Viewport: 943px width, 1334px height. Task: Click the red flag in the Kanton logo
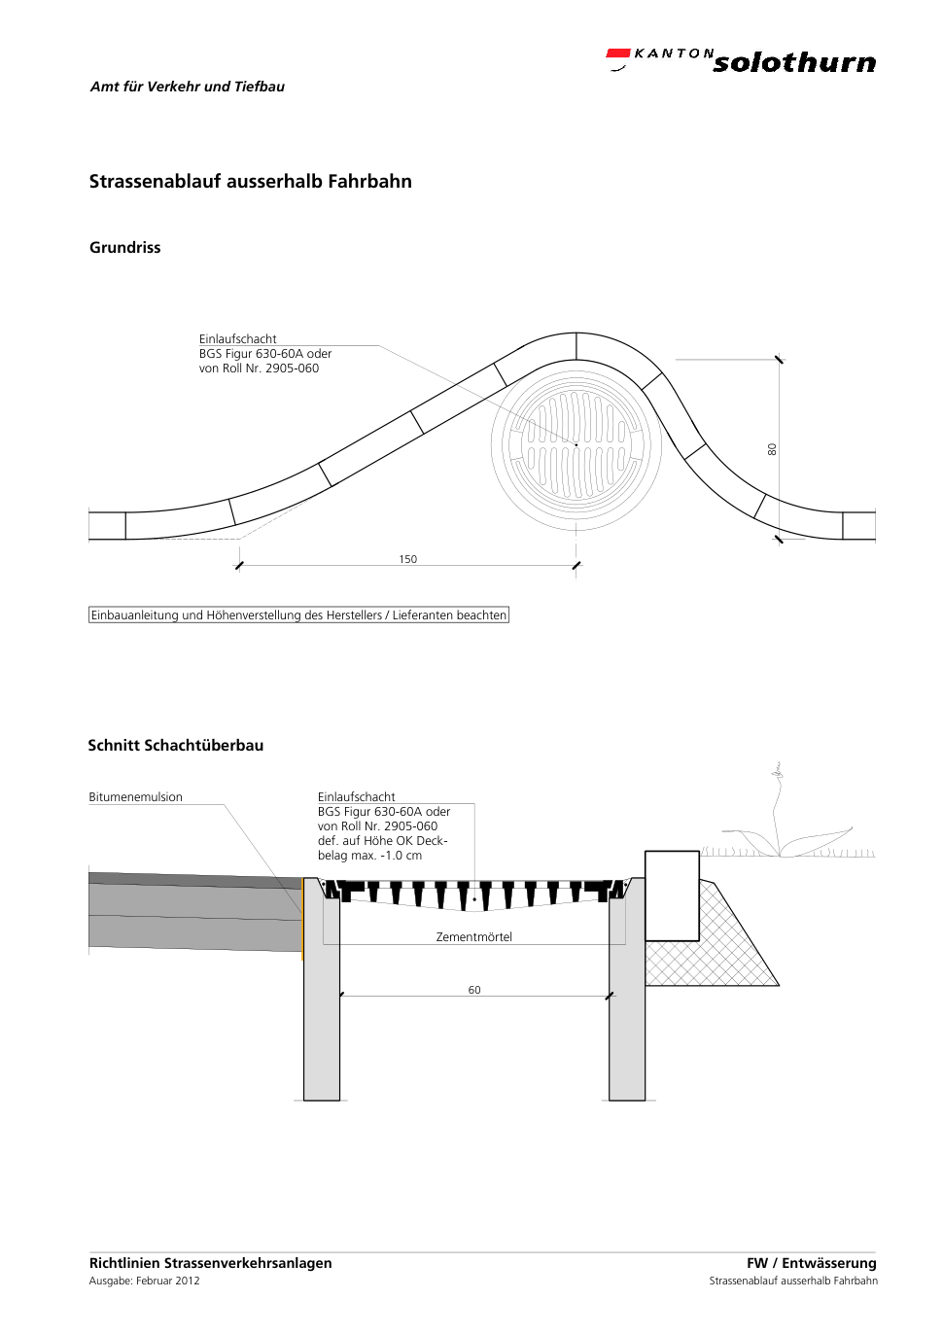tap(618, 53)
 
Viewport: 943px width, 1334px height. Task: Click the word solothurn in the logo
tap(794, 62)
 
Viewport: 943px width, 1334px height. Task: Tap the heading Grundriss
tap(125, 248)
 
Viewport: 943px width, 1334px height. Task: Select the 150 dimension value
tap(407, 559)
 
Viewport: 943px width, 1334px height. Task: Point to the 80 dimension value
tap(772, 449)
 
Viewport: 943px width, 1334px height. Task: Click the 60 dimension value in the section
tap(473, 990)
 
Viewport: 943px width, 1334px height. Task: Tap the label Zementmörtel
tap(473, 936)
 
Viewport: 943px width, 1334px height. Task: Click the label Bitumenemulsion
tap(136, 797)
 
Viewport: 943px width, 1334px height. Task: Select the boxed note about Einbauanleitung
tap(298, 615)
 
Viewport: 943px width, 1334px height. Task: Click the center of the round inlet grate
tap(576, 445)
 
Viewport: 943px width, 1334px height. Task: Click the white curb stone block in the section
tap(672, 895)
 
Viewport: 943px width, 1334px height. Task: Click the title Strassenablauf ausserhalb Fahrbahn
tap(251, 181)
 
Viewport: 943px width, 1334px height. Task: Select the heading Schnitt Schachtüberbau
tap(176, 745)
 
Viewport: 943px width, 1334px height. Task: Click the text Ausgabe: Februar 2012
tap(145, 1281)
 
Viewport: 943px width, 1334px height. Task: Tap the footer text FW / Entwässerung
tap(812, 1262)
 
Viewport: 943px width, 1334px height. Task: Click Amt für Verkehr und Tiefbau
tap(188, 87)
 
